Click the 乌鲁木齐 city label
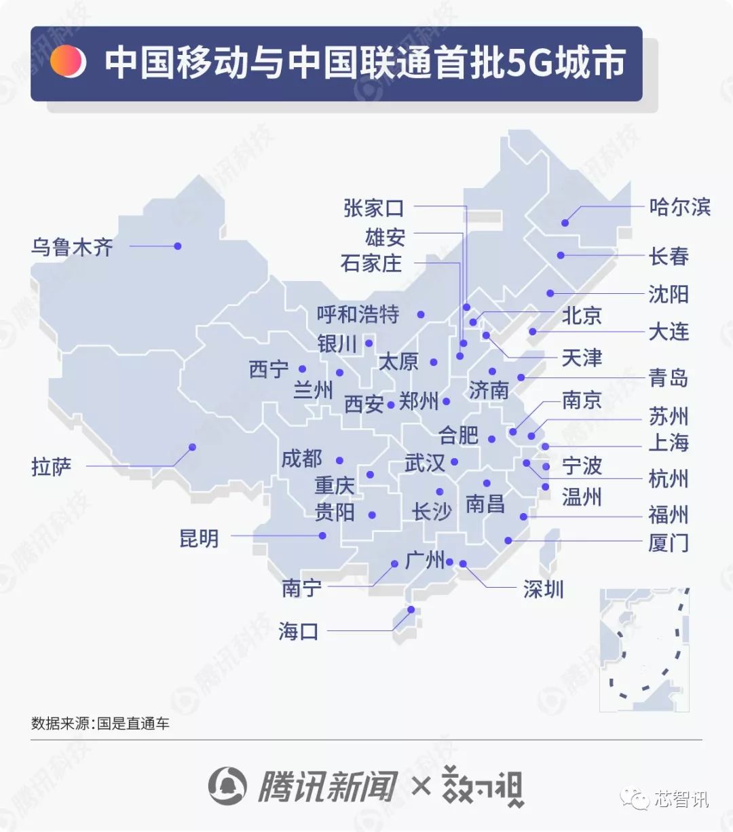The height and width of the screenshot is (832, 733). [x=72, y=247]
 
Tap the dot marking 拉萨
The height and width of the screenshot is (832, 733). [x=192, y=447]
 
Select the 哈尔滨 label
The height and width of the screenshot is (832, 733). [x=679, y=206]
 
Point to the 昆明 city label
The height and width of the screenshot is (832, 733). [x=199, y=539]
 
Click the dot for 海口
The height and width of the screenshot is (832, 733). [x=411, y=609]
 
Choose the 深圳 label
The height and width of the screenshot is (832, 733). [x=543, y=589]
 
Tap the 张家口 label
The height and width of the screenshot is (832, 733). [x=373, y=208]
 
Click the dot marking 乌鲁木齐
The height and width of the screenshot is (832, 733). [x=178, y=246]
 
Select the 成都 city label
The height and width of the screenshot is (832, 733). [x=301, y=459]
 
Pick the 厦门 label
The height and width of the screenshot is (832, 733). [x=669, y=543]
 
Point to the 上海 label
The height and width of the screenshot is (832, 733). [x=669, y=443]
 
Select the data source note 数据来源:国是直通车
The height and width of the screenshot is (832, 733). [x=100, y=723]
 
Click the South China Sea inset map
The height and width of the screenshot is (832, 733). [x=645, y=649]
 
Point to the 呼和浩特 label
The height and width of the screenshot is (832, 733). [x=358, y=315]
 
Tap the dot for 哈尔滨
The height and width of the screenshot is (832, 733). [x=565, y=223]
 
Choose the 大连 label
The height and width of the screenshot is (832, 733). [x=669, y=332]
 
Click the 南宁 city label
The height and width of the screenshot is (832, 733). [x=301, y=588]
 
